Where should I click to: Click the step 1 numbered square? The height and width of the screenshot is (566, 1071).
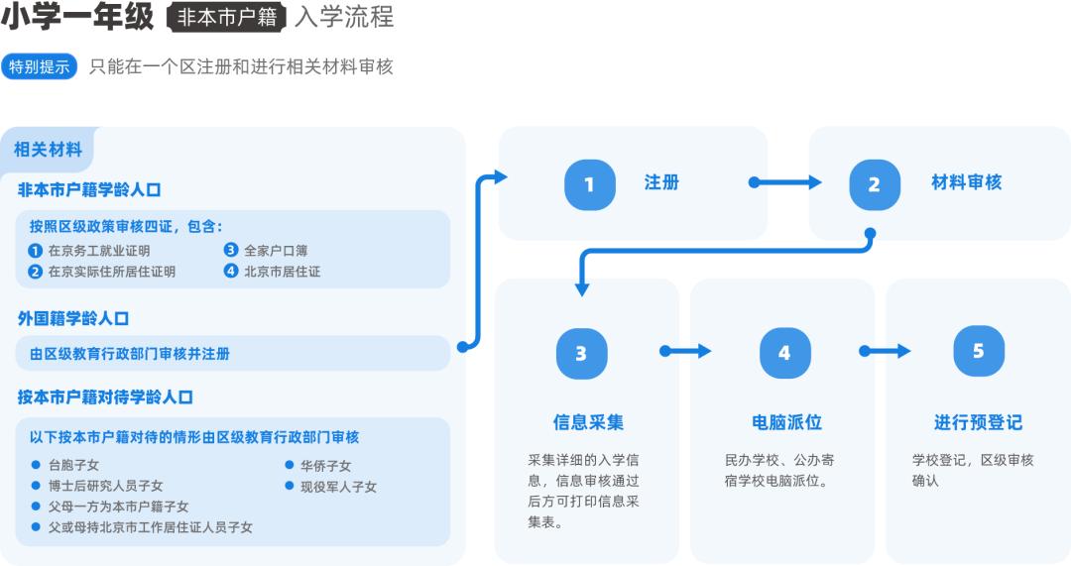(x=589, y=184)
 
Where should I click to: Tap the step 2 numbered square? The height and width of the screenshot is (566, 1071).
(x=875, y=184)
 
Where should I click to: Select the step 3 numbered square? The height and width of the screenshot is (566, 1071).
(x=581, y=353)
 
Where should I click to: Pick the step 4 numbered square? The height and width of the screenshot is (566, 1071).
(x=784, y=353)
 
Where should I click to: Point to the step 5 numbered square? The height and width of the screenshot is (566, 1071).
(x=979, y=351)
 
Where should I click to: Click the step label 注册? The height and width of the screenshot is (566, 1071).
(x=661, y=182)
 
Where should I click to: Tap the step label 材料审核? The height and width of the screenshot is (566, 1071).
(x=966, y=182)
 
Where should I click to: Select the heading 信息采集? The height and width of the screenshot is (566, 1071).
(x=588, y=422)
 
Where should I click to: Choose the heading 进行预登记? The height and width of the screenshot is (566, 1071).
(x=978, y=422)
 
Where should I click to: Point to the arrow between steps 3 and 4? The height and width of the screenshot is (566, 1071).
(x=686, y=351)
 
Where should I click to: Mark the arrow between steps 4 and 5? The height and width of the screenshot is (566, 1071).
(x=885, y=351)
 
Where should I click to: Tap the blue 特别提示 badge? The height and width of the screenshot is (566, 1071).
(x=40, y=67)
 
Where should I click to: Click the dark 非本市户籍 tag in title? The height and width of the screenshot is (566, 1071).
(x=227, y=17)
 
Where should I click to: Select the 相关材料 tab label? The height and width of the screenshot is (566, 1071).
(x=48, y=150)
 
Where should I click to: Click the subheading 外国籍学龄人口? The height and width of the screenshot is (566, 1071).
(x=73, y=318)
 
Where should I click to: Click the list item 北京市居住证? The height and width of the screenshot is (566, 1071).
(x=282, y=271)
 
